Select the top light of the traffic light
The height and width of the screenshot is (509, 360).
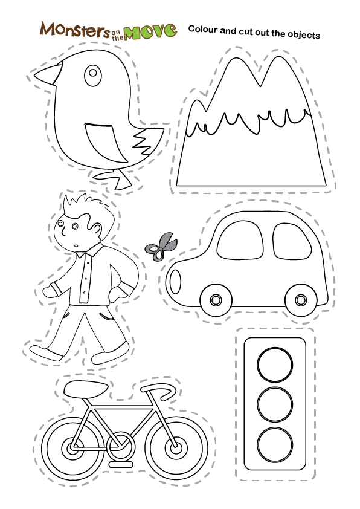(275, 364)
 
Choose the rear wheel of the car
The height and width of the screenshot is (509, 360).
(300, 299)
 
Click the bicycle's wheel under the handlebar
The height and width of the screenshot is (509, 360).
(174, 449)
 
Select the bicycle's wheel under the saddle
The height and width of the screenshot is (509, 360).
(70, 449)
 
